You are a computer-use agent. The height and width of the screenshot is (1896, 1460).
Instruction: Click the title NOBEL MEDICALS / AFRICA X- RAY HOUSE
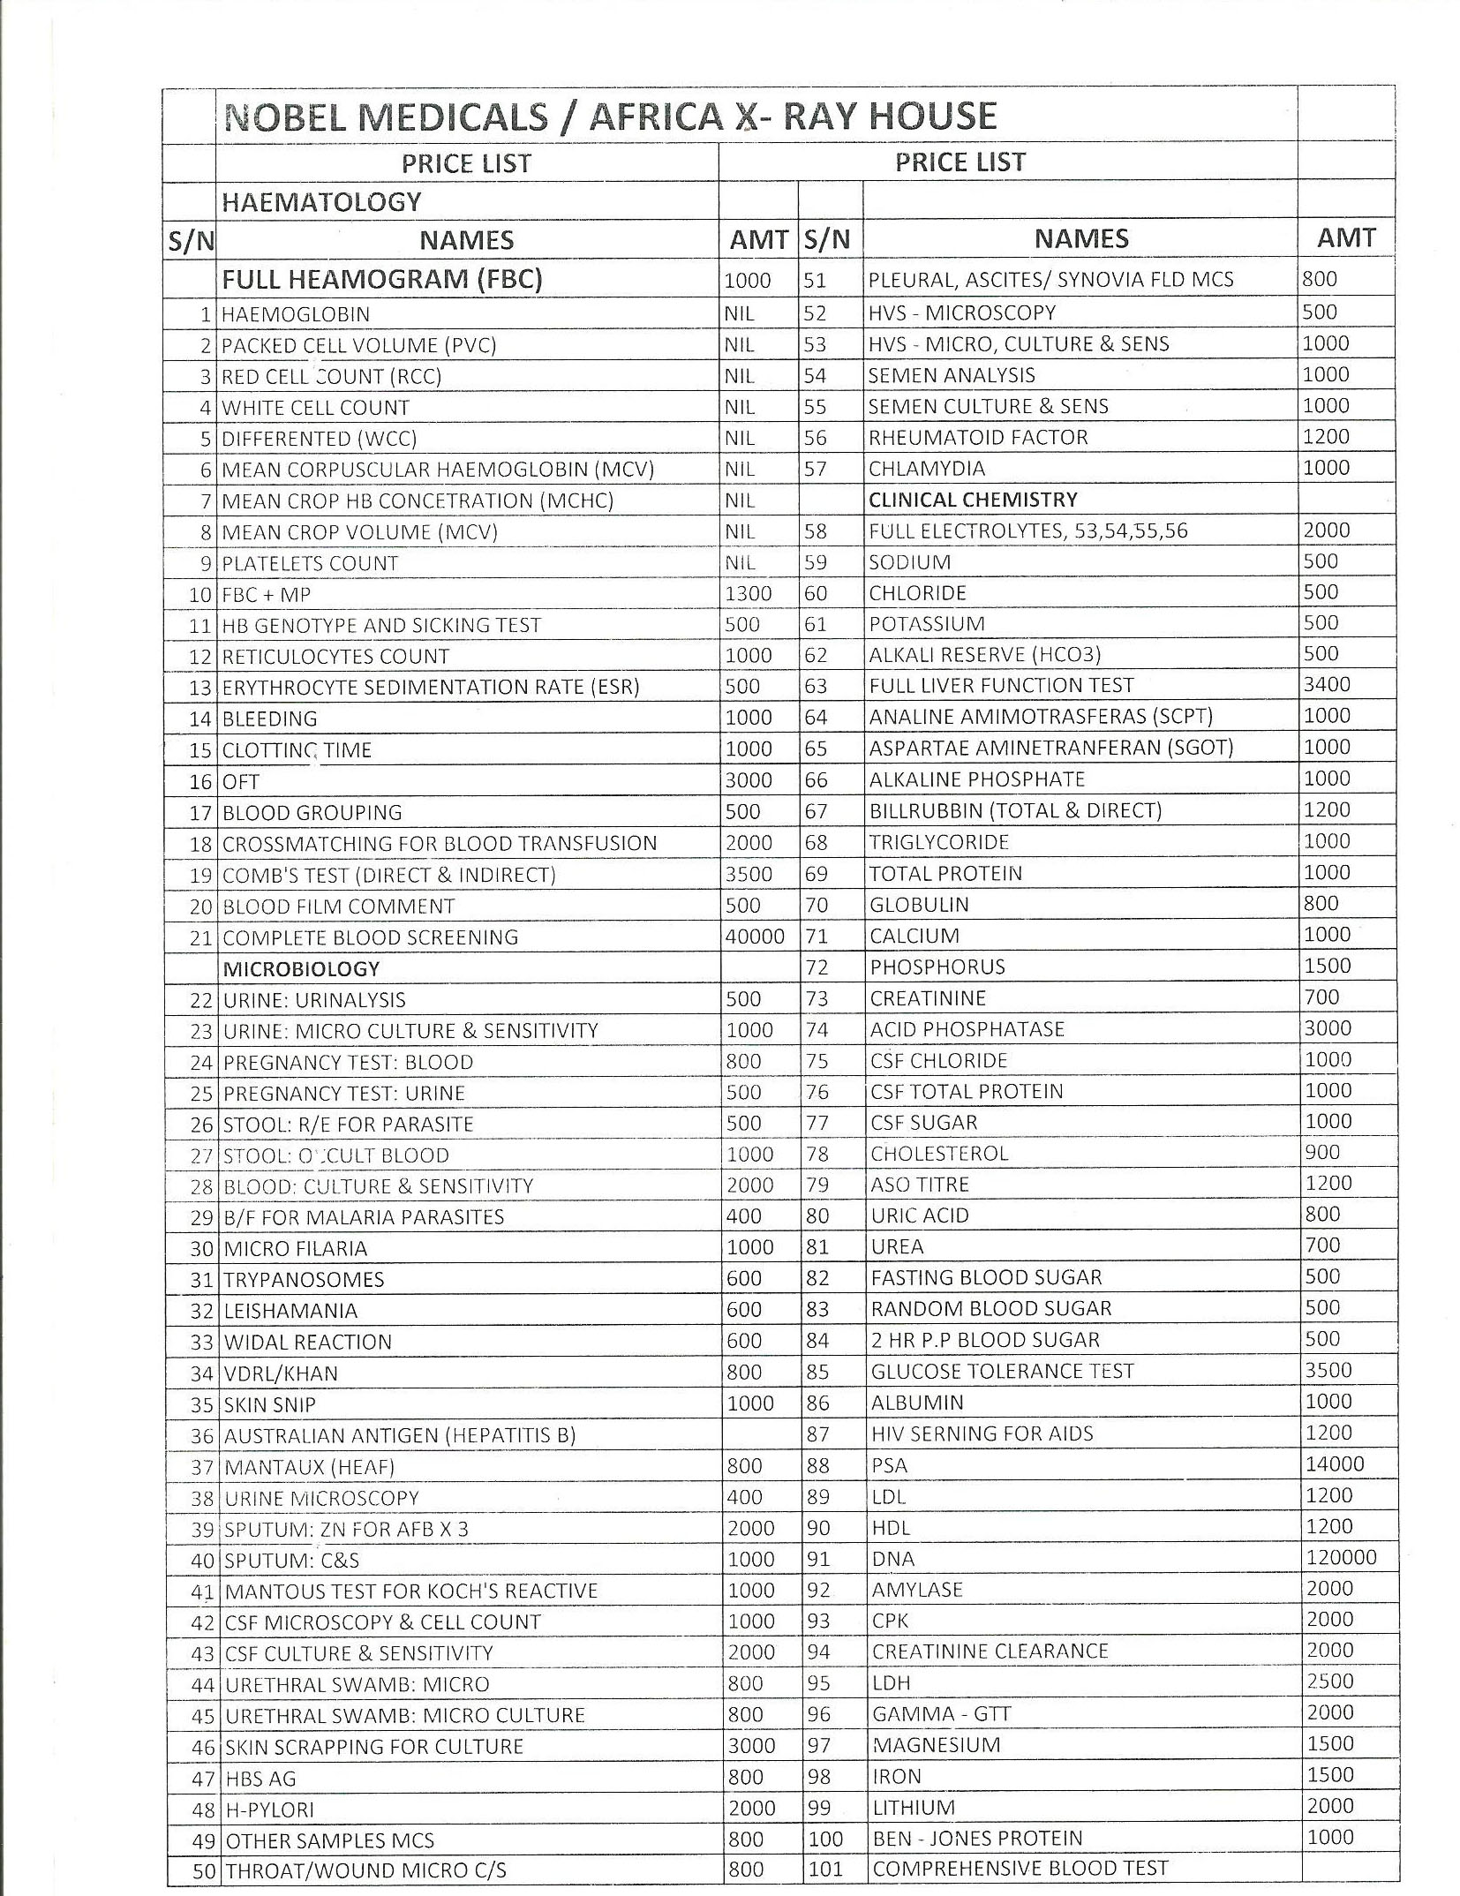click(x=610, y=117)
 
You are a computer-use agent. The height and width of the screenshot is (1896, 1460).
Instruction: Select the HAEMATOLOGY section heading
click(x=321, y=202)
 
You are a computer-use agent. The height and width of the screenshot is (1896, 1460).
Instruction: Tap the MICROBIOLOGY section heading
click(x=301, y=968)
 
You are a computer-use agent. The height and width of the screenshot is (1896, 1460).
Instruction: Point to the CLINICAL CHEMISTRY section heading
click(x=973, y=500)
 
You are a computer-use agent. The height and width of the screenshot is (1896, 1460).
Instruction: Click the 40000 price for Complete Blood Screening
click(x=754, y=937)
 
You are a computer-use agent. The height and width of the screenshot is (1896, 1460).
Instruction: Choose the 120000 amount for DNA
click(x=1341, y=1557)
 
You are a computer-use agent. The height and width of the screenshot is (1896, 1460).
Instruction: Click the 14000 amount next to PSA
click(x=1335, y=1463)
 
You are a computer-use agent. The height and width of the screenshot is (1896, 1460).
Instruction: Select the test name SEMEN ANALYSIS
click(x=952, y=375)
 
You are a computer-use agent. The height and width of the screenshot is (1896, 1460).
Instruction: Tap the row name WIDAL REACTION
click(x=307, y=1342)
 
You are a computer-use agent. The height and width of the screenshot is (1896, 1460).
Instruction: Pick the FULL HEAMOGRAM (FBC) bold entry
click(x=381, y=279)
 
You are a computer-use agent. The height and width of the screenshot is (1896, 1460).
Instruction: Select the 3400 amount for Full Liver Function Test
click(x=1327, y=684)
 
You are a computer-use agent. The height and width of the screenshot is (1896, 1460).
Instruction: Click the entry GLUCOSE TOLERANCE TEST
click(x=1002, y=1371)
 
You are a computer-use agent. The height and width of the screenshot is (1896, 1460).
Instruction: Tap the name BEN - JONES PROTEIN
click(x=977, y=1838)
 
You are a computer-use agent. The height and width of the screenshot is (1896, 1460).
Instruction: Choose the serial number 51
click(x=815, y=280)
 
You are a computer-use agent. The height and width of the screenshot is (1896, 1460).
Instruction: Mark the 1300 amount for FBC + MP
click(x=748, y=594)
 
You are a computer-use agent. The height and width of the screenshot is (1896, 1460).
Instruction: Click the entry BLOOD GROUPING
click(x=312, y=812)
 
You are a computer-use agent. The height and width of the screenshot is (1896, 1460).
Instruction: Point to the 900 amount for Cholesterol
click(x=1322, y=1152)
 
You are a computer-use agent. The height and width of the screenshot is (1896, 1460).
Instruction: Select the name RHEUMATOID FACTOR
click(x=978, y=437)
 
